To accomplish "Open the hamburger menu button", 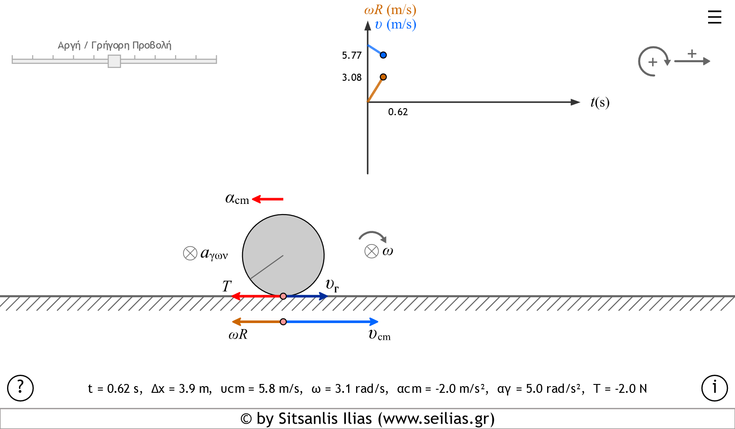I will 714,18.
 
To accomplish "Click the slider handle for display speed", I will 114,61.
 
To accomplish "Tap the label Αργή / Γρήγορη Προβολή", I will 114,45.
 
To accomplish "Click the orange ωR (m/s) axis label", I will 390,10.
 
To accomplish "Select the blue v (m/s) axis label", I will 395,24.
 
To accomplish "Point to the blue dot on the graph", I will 383,55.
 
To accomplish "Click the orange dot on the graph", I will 383,77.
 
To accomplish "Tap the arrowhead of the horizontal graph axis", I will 575,102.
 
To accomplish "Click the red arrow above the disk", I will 267,199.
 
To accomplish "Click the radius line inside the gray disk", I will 267,267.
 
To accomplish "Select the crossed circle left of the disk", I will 190,253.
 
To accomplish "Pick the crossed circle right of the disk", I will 371,252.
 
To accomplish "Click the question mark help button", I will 20,388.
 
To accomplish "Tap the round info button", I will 714,388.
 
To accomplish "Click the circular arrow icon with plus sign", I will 653,62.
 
